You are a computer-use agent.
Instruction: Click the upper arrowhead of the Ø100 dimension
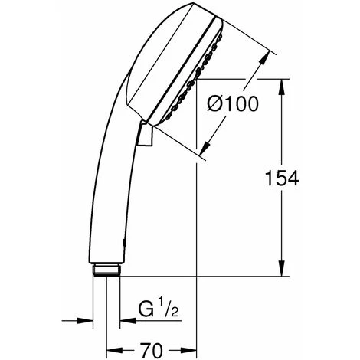click(x=268, y=56)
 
